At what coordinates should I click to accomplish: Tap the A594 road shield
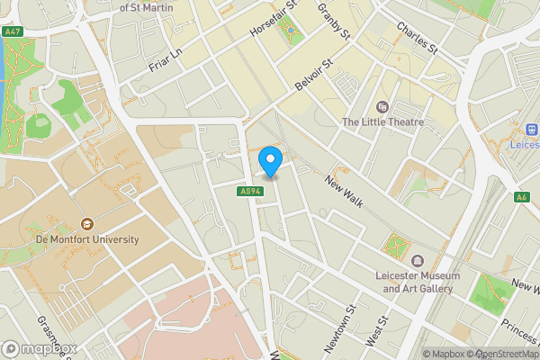pos(250,192)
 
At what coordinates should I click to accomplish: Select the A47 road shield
pos(12,31)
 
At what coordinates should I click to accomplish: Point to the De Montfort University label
pos(87,240)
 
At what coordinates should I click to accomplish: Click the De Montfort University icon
pos(87,223)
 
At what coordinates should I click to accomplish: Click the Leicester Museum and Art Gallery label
pos(420,283)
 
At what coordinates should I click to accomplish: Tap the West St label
pos(377,331)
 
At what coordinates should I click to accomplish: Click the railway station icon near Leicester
pos(531,130)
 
